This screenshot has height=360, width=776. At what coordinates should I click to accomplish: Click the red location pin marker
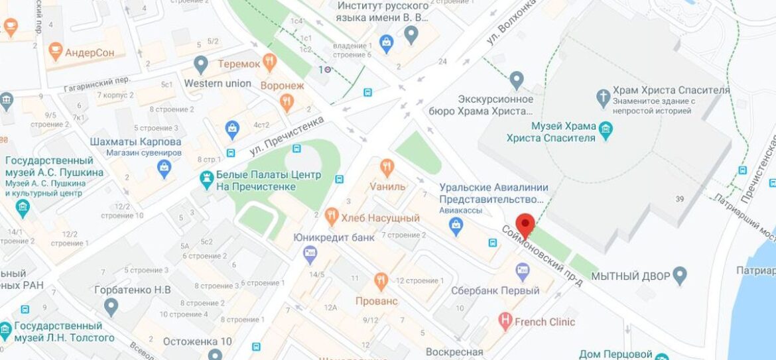click(525, 224)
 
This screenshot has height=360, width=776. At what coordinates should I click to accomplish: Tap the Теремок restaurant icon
click(269, 63)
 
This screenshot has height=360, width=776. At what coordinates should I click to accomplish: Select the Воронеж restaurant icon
click(287, 101)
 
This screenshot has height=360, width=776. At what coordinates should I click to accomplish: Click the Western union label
click(218, 84)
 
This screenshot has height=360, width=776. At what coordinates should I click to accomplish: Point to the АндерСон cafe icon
click(56, 51)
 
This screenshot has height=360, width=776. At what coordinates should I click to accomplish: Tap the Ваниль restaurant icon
click(387, 167)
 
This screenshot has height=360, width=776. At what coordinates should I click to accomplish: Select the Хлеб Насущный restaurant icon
click(332, 215)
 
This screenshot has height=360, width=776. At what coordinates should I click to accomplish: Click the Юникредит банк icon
click(310, 253)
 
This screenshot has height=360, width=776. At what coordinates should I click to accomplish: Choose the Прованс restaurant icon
click(381, 281)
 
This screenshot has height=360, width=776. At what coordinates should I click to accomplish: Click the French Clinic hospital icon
click(505, 322)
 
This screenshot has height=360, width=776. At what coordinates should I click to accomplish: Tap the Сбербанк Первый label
click(495, 290)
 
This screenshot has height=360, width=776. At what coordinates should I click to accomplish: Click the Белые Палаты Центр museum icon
click(206, 179)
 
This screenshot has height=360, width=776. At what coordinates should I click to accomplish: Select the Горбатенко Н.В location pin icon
click(111, 306)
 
